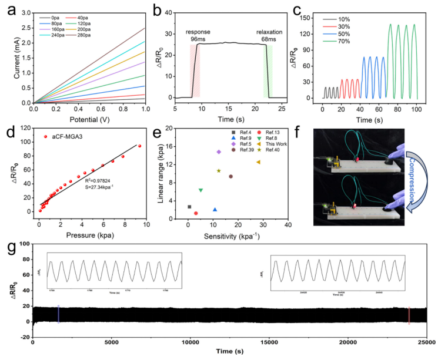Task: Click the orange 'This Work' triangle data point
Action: [x=258, y=162]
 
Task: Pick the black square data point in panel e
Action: [x=189, y=207]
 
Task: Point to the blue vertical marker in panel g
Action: [x=58, y=314]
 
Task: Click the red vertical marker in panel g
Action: [x=409, y=315]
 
